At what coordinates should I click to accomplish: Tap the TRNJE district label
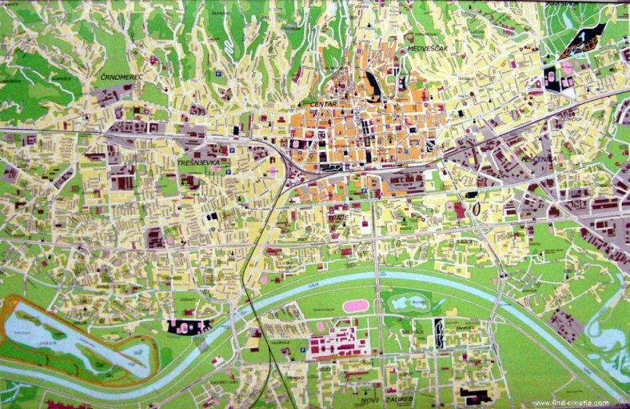[339, 216]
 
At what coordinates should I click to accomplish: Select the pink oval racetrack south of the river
[356, 306]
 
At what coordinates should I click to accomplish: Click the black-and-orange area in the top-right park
[584, 39]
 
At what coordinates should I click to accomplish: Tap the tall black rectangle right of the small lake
[439, 332]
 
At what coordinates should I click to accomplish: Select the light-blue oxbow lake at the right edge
[608, 336]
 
